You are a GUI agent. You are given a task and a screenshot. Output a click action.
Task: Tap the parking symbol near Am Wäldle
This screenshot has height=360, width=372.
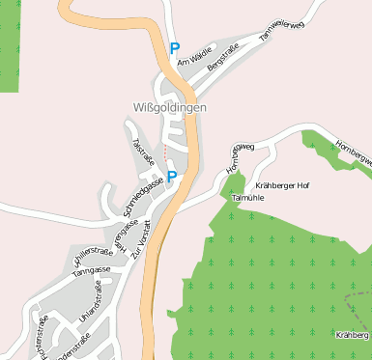pos(174,47)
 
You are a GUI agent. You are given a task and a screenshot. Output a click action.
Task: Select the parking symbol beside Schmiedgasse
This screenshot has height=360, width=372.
pos(171,176)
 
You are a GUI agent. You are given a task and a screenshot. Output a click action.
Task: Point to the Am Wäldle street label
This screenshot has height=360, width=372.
pos(193,62)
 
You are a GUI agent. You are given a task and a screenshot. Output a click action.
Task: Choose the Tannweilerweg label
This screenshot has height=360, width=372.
pos(281,32)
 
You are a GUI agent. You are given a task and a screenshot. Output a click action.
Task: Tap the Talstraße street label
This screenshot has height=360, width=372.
pos(142,151)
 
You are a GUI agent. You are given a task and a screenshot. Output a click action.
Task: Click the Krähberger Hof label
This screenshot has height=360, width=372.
pos(282,184)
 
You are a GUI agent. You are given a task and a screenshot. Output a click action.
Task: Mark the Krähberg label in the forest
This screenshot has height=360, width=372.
pos(353,335)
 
